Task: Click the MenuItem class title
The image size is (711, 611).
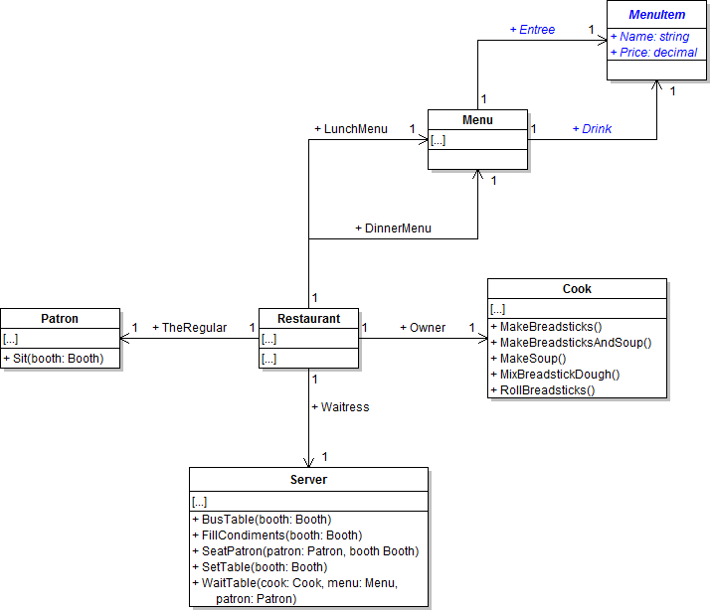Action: click(x=656, y=15)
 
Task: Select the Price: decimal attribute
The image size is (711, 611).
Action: click(x=653, y=53)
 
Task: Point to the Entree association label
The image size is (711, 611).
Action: click(x=533, y=30)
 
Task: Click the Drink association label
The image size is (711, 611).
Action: click(x=592, y=129)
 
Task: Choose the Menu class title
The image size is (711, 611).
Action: click(x=477, y=120)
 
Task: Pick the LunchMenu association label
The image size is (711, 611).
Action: click(x=351, y=129)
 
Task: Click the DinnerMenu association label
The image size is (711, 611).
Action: click(x=393, y=229)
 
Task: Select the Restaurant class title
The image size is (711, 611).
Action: click(x=308, y=319)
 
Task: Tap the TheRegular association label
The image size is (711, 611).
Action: click(x=189, y=328)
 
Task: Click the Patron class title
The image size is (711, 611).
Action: click(x=60, y=319)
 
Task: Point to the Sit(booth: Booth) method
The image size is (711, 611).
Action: click(x=53, y=359)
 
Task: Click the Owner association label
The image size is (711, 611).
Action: click(x=423, y=328)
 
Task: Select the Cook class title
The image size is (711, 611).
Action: click(x=577, y=289)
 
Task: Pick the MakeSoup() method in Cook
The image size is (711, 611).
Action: click(x=533, y=359)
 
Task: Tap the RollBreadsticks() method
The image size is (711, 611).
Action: click(x=547, y=390)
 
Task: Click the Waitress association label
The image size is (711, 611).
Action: click(x=340, y=406)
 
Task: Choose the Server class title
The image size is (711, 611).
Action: click(x=308, y=479)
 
